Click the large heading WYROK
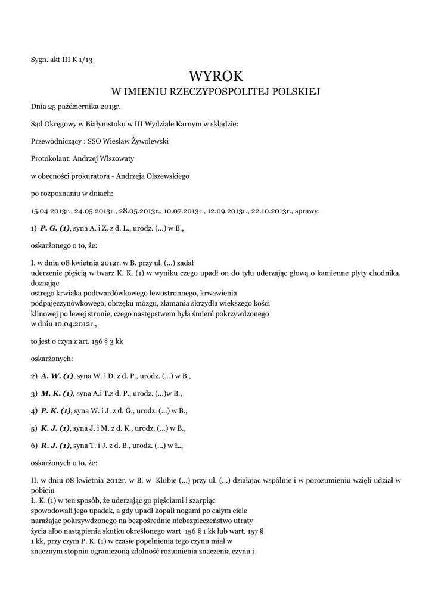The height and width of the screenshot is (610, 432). tap(216, 76)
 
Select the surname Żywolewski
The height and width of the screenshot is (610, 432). tap(148, 142)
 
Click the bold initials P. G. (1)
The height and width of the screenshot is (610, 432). tap(55, 228)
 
